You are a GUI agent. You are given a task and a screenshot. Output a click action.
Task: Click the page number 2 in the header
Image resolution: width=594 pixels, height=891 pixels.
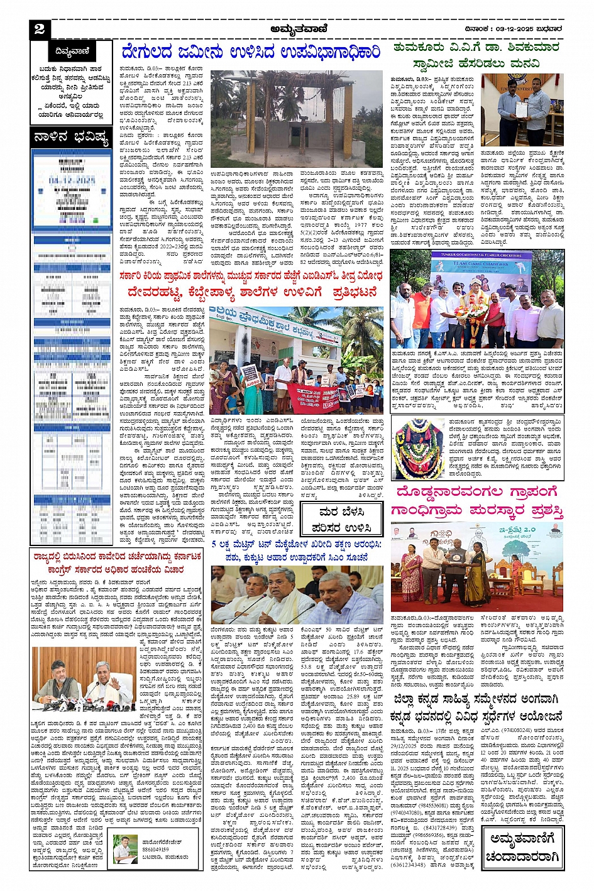[x=40, y=29]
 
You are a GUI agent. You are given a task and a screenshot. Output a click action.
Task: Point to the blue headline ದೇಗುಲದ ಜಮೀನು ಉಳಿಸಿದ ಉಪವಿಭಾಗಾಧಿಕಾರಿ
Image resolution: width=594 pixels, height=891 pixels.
[x=251, y=52]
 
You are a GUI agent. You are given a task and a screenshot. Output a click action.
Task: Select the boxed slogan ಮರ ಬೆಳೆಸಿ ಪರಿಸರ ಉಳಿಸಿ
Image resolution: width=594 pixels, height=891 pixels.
[x=341, y=520]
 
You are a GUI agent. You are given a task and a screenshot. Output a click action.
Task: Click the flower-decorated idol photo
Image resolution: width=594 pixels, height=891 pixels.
[x=417, y=450]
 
